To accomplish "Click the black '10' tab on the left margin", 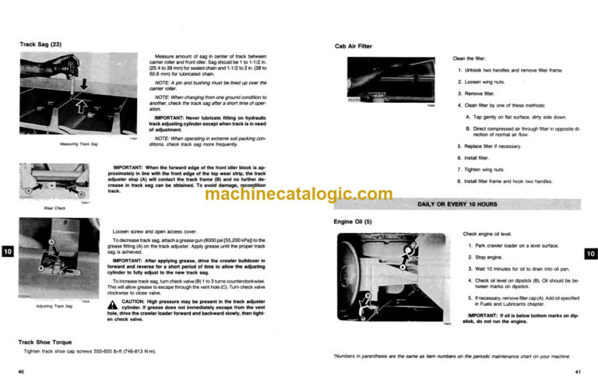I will pyautogui.click(x=7, y=252).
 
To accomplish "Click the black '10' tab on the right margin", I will pyautogui.click(x=589, y=252).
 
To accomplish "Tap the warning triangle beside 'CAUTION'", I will pyautogui.click(x=114, y=304).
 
